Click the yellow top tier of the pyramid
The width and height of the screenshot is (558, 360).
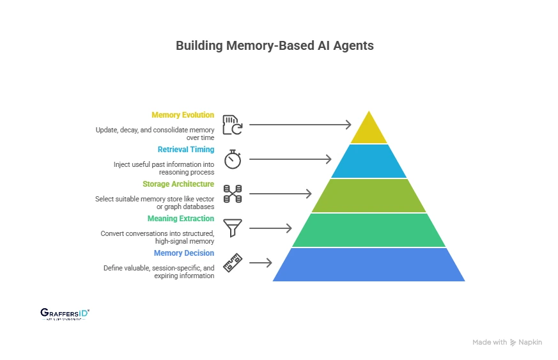[369, 130]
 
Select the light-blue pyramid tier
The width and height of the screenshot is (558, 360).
[369, 161]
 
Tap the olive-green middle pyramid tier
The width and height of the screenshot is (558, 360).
[369, 196]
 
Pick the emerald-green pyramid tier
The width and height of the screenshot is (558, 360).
[369, 230]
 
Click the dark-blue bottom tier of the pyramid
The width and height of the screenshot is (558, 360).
[369, 265]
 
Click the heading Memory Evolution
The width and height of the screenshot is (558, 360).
[183, 115]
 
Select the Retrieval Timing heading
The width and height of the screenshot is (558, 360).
[185, 150]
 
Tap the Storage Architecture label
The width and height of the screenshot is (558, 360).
[178, 184]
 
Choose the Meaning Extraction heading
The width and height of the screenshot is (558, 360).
[180, 219]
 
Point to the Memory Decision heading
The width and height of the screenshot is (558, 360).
[184, 253]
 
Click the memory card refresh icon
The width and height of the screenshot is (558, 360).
[232, 125]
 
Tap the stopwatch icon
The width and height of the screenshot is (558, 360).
[232, 159]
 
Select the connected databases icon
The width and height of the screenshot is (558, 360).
[232, 194]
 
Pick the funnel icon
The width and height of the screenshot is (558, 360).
[232, 228]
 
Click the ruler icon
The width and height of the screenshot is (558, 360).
[232, 263]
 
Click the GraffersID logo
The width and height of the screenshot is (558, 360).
[65, 313]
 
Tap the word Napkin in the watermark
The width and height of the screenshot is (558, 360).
[531, 342]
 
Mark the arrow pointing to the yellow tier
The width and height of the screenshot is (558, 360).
[300, 125]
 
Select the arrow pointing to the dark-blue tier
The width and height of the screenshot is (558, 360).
[260, 263]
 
